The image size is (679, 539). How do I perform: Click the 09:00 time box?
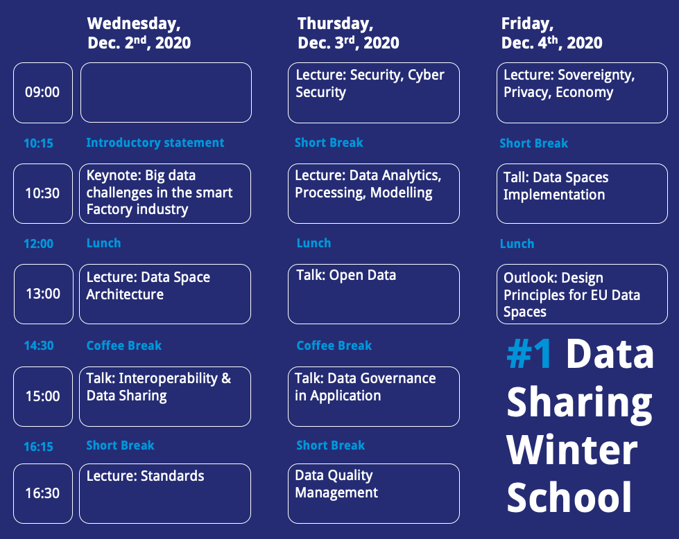tap(43, 93)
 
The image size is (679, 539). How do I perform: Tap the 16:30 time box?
tap(43, 493)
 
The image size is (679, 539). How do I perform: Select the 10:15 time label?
tap(39, 143)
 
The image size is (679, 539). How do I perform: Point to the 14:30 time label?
tap(39, 346)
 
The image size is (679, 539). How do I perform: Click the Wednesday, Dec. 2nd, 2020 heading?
tap(139, 33)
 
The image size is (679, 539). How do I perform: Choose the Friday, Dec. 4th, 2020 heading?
tap(551, 33)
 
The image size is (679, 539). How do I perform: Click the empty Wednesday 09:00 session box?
tap(166, 93)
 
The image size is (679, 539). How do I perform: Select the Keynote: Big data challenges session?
tap(165, 193)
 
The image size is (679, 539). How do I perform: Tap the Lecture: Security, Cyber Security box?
tap(374, 93)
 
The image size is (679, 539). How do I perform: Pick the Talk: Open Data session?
tap(374, 294)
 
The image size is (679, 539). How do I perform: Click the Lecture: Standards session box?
tap(165, 493)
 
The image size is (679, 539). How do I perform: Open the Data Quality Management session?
tap(374, 493)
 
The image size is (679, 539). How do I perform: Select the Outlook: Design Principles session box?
tap(582, 294)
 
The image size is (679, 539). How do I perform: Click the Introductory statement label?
tap(155, 143)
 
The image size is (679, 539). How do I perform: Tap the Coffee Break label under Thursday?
tap(334, 346)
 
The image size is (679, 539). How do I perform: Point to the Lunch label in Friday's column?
tap(517, 244)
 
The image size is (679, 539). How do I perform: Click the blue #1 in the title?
tap(530, 354)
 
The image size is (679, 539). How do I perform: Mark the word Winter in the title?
tap(571, 450)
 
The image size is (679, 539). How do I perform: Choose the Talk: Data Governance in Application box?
tap(374, 397)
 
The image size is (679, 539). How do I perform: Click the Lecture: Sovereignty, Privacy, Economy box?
tap(582, 93)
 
